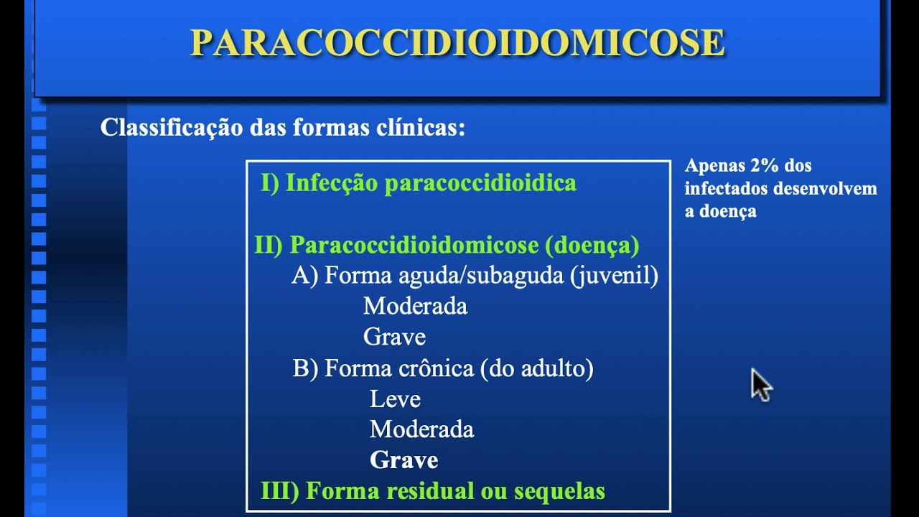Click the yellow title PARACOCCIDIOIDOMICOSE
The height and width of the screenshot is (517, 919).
[457, 43]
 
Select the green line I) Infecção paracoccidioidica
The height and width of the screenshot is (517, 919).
[419, 183]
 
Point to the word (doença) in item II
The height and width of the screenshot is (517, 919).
[592, 246]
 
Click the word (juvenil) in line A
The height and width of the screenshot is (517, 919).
[614, 276]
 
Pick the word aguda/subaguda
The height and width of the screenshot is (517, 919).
[480, 276]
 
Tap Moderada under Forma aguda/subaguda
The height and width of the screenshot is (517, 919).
[415, 307]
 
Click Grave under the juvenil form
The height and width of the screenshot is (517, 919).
[394, 337]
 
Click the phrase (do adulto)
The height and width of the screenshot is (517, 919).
[537, 368]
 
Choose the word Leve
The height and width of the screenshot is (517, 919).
[395, 399]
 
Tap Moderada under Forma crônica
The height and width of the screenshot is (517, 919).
[421, 429]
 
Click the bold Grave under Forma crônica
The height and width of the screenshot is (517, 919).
[403, 460]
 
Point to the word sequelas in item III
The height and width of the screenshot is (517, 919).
[560, 491]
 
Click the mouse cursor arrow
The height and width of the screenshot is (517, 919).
[760, 384]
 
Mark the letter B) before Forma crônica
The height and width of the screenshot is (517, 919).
[305, 368]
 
